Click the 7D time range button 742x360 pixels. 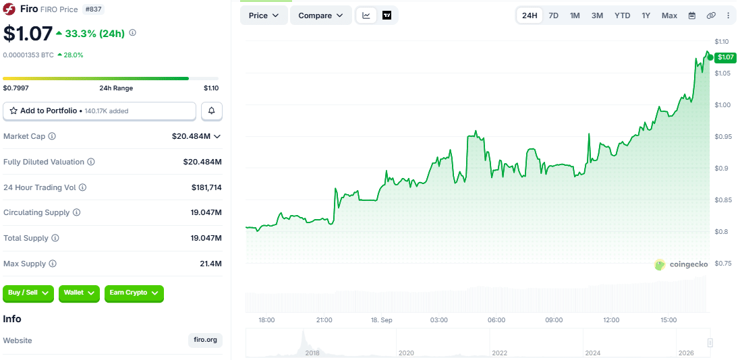pyautogui.click(x=553, y=16)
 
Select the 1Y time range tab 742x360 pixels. pyautogui.click(x=646, y=16)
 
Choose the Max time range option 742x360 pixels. pyautogui.click(x=669, y=16)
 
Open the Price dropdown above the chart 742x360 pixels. pyautogui.click(x=264, y=16)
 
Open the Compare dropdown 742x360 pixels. pyautogui.click(x=321, y=16)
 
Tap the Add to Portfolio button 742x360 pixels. pyautogui.click(x=99, y=111)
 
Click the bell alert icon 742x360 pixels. pyautogui.click(x=212, y=111)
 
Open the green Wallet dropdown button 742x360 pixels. pyautogui.click(x=79, y=293)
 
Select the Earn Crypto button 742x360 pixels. pyautogui.click(x=134, y=293)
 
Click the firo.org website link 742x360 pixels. pyautogui.click(x=205, y=340)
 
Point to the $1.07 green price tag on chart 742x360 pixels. pyautogui.click(x=725, y=58)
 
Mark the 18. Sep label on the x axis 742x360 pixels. pyautogui.click(x=381, y=320)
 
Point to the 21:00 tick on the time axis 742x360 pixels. pyautogui.click(x=324, y=320)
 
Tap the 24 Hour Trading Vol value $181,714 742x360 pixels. pyautogui.click(x=206, y=187)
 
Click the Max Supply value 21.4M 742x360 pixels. pyautogui.click(x=211, y=264)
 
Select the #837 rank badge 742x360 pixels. pyautogui.click(x=94, y=9)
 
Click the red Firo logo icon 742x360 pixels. pyautogui.click(x=9, y=9)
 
